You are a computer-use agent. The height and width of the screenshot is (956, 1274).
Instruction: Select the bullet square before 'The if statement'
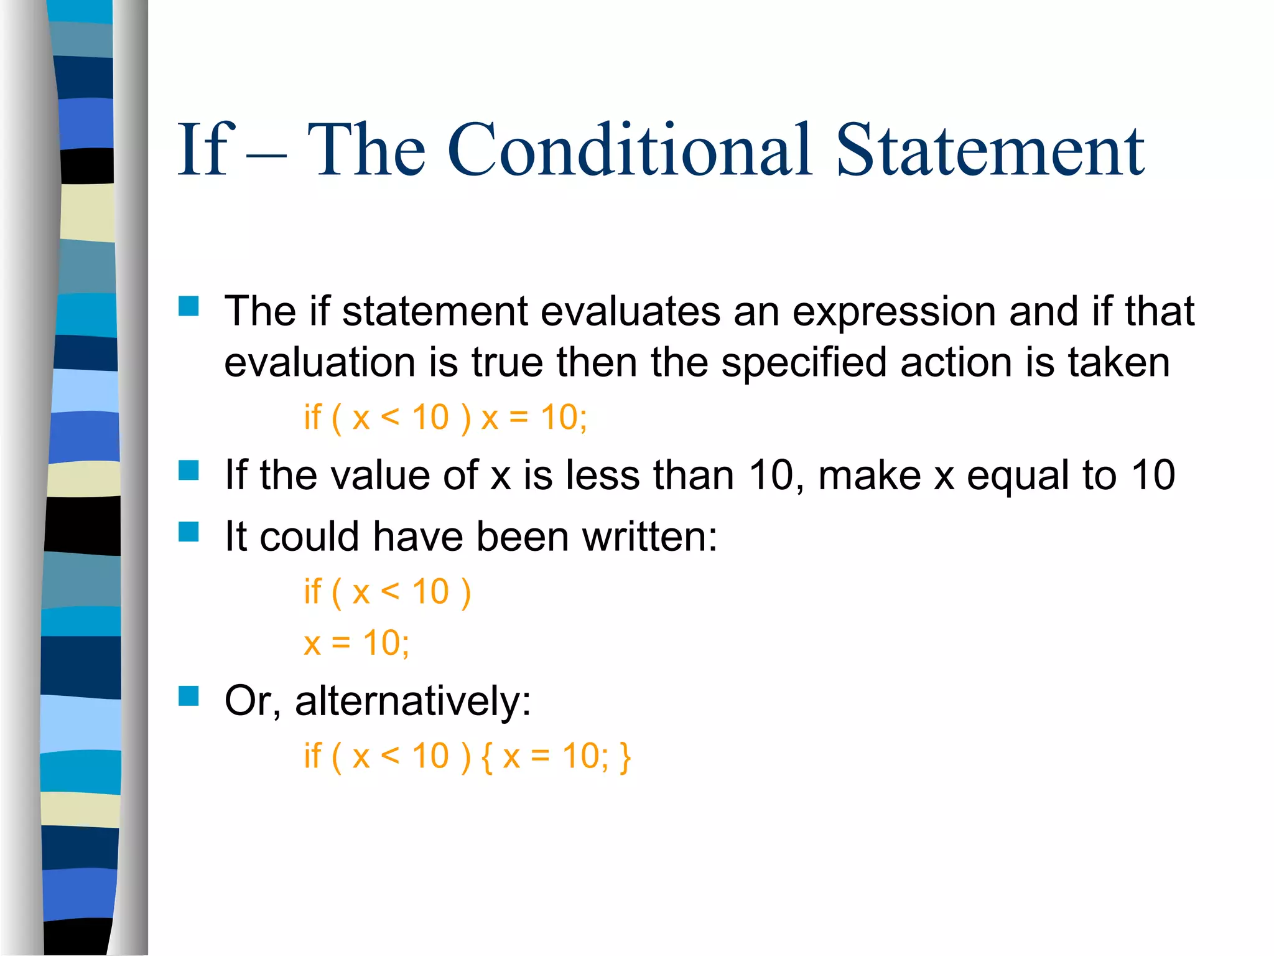pyautogui.click(x=188, y=306)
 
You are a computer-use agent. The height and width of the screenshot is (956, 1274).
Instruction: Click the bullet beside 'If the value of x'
pyautogui.click(x=188, y=471)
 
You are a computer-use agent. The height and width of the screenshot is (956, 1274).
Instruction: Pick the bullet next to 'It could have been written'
pyautogui.click(x=188, y=532)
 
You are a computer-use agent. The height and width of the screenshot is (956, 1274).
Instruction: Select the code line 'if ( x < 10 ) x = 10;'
pyautogui.click(x=445, y=417)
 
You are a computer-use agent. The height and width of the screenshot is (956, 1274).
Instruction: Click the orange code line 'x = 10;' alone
pyautogui.click(x=356, y=643)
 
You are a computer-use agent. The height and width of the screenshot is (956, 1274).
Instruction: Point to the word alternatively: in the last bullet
pyautogui.click(x=413, y=701)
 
